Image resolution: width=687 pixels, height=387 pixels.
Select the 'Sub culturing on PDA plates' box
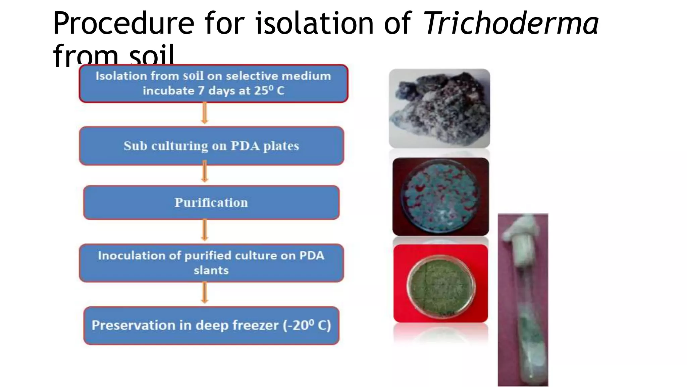211,146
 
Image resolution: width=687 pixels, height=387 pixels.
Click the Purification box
211,202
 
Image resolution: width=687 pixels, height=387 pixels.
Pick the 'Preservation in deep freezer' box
211,325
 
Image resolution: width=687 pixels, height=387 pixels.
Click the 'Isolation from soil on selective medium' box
213,83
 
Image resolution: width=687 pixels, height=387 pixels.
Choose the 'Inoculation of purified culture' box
211,263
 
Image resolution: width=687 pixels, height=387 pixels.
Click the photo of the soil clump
439,108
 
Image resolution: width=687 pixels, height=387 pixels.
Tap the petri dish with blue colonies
440,197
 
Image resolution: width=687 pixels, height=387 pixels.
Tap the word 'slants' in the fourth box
211,270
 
